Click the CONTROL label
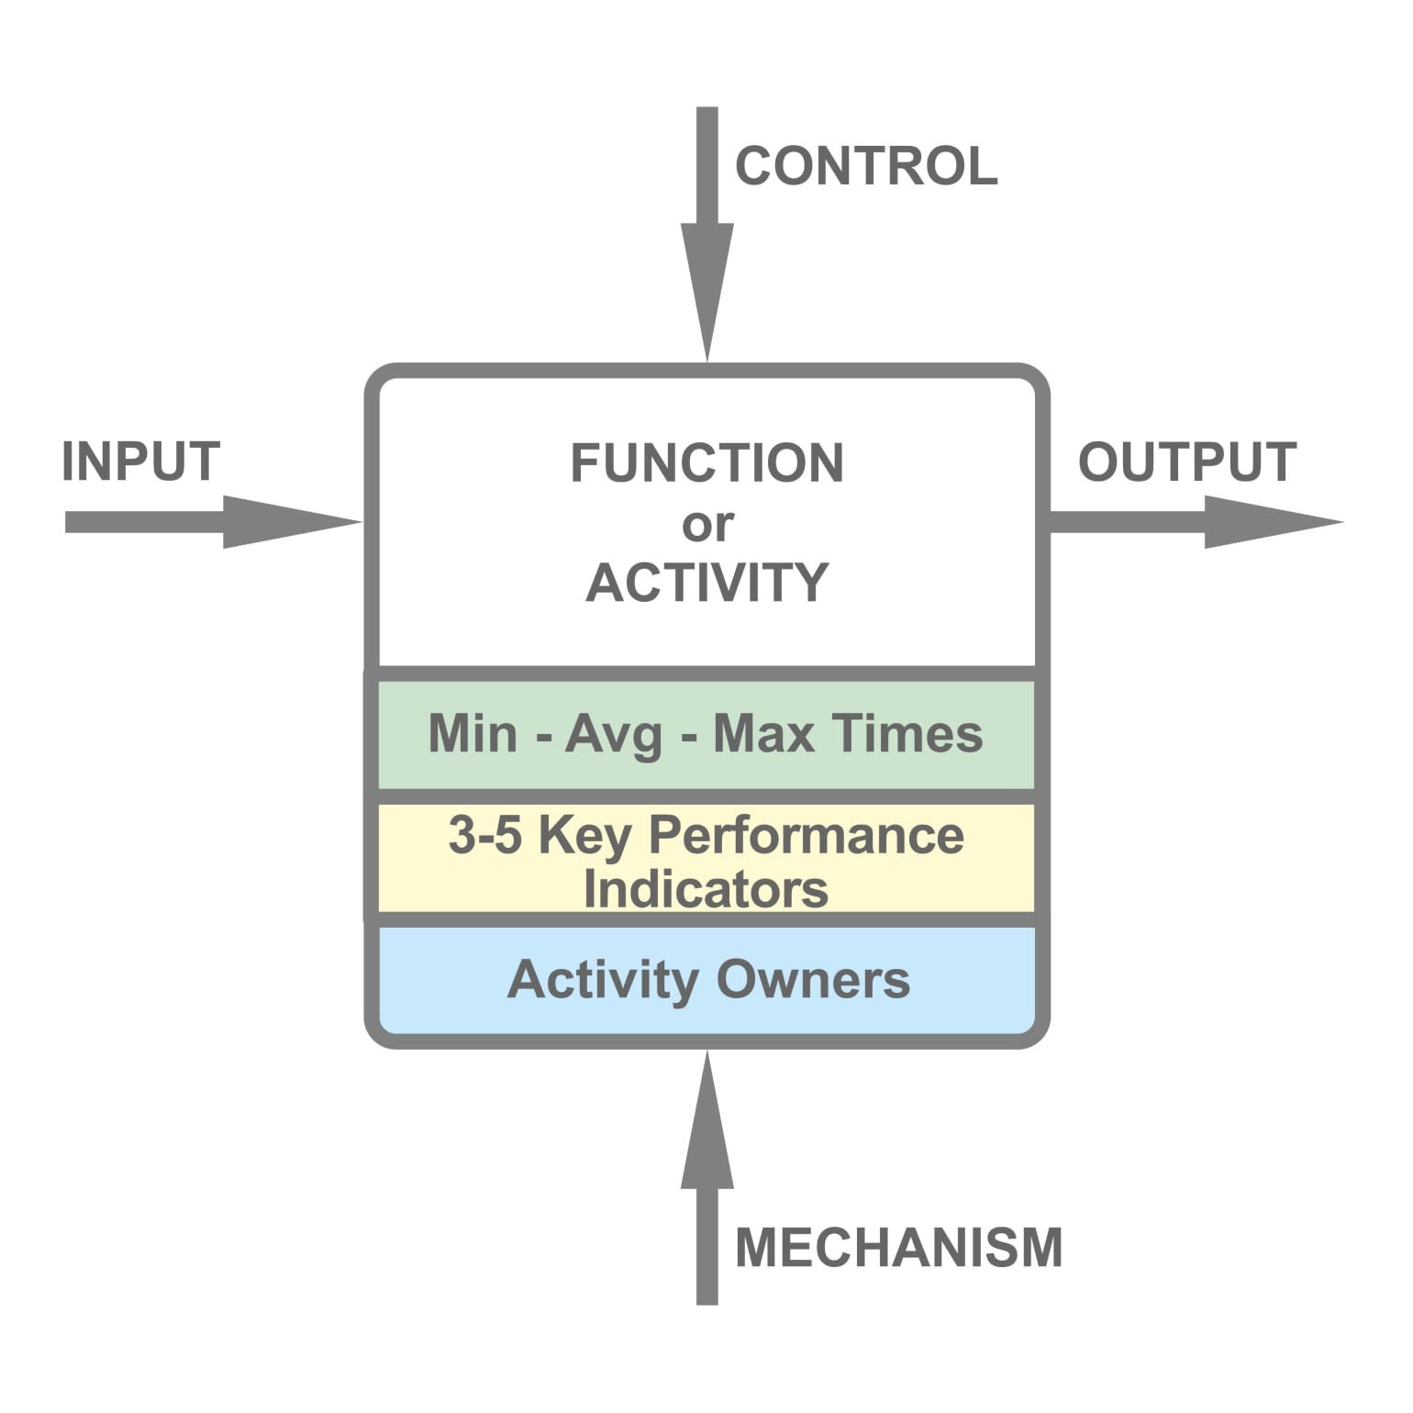[866, 166]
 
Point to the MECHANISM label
[898, 1248]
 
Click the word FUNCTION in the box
[706, 462]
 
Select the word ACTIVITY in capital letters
[706, 583]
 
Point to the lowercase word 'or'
[706, 525]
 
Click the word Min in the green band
[473, 734]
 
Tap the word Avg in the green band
[613, 736]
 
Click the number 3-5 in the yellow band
[484, 835]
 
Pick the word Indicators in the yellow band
[706, 889]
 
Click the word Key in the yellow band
[584, 837]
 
